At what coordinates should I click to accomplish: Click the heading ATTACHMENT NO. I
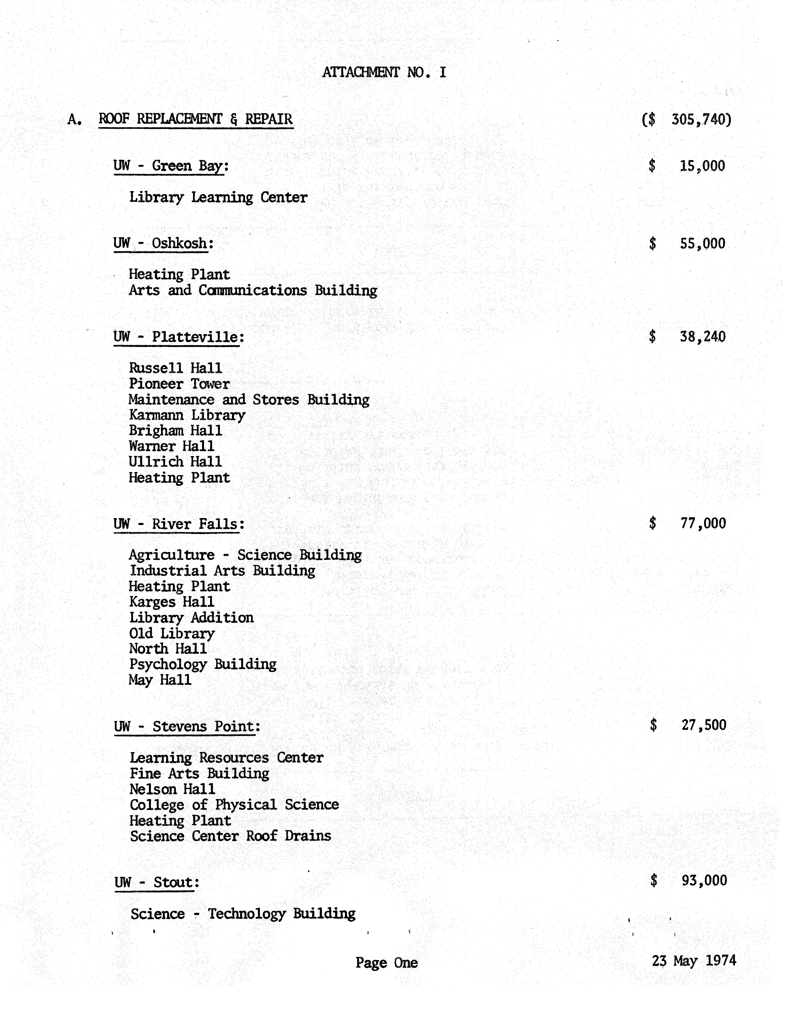384,72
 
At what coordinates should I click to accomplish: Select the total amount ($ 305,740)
687,119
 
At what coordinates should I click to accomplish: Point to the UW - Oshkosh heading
163,244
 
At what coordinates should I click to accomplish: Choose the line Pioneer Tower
179,384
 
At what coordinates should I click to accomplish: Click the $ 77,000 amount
688,523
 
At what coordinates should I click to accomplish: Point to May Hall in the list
160,680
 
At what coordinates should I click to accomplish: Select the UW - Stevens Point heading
187,727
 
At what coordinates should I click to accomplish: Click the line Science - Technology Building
243,914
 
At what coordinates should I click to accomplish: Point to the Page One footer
386,963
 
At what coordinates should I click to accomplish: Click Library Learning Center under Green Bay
218,198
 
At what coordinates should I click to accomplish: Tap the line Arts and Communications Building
252,291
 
